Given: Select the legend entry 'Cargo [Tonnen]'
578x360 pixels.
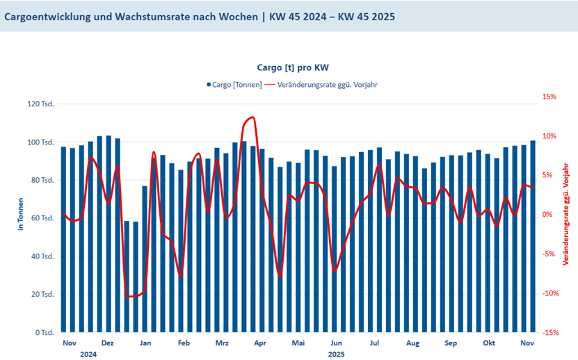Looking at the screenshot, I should click(x=234, y=85).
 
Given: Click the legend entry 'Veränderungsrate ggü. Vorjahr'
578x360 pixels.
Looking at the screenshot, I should click(x=327, y=85).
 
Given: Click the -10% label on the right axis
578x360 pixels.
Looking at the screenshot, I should click(x=550, y=293).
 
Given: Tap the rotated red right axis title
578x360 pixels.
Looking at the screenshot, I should click(x=566, y=215).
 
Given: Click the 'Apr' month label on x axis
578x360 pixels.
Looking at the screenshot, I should click(x=260, y=343).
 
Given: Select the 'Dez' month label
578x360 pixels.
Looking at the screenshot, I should click(x=107, y=343).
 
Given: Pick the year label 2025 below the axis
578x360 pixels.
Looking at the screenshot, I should click(x=336, y=354).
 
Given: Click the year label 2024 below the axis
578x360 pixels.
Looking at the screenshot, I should click(x=88, y=354).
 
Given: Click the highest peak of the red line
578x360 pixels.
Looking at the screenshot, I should click(x=252, y=117).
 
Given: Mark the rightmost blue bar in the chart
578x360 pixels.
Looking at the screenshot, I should click(x=533, y=236).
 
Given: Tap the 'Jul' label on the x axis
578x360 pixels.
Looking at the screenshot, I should click(x=374, y=343).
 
